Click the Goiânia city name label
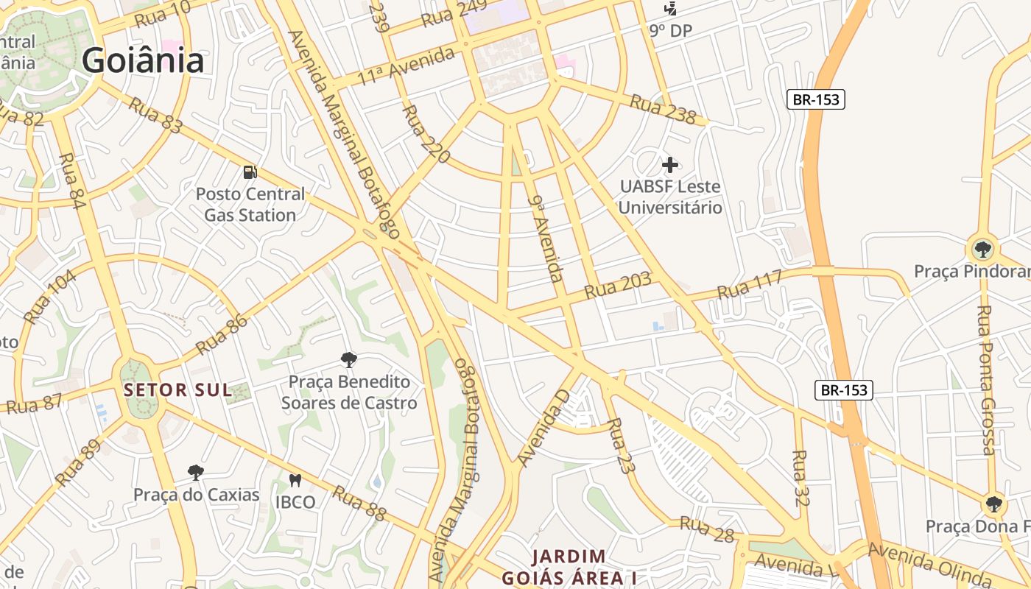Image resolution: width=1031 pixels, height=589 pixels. click(143, 60)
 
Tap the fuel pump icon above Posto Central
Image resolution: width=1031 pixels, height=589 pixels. click(250, 172)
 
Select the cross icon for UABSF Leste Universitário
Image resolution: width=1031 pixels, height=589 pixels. click(670, 164)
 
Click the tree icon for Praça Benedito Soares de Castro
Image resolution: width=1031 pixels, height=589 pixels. click(349, 360)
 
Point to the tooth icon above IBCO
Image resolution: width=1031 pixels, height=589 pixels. click(295, 481)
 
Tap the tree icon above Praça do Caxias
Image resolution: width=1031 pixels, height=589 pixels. click(195, 472)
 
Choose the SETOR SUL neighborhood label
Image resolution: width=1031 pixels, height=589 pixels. click(177, 390)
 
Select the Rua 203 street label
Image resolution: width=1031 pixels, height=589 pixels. click(618, 286)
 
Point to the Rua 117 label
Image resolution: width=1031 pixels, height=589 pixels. click(749, 285)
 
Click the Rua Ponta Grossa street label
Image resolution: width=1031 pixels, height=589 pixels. click(985, 380)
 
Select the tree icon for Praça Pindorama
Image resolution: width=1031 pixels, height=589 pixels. click(982, 248)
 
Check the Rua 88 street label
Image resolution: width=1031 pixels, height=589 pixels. click(359, 504)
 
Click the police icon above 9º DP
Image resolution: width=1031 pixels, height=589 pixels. click(670, 9)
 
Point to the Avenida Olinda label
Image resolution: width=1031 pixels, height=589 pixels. click(929, 563)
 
